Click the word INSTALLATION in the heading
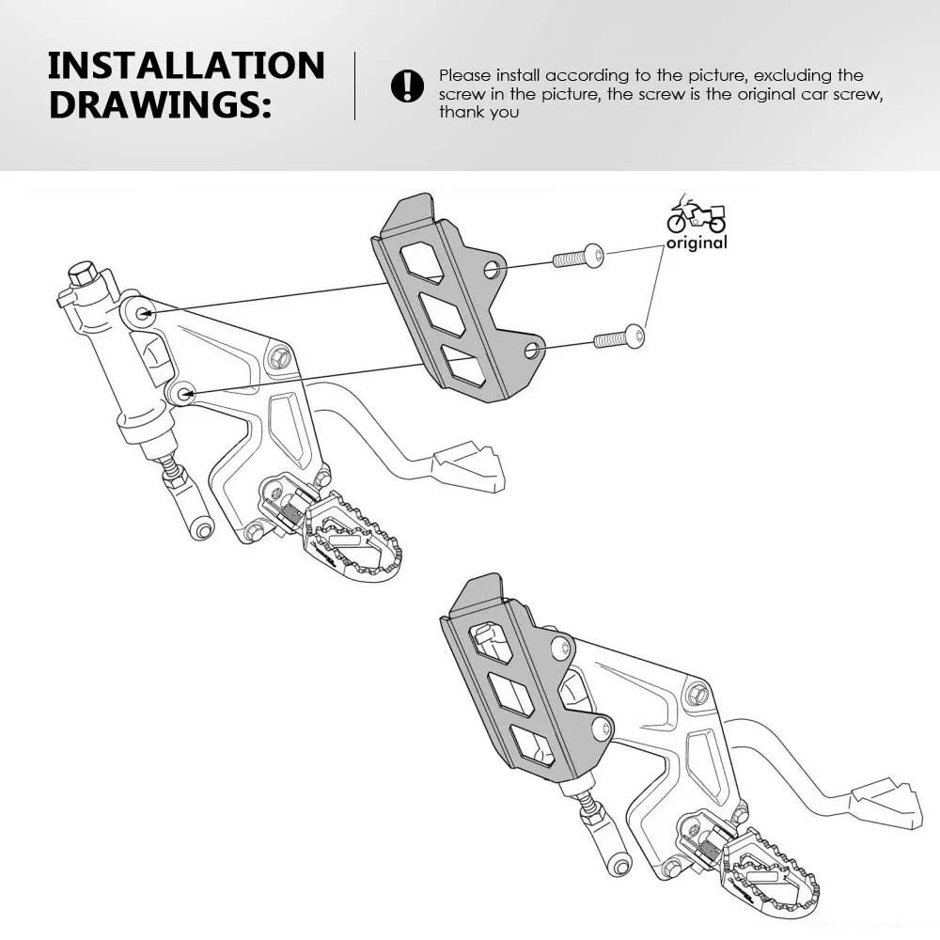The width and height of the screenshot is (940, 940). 186,66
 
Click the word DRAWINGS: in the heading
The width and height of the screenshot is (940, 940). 160,104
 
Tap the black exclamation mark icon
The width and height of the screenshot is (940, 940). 407,86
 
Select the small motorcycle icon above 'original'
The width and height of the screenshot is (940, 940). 697,215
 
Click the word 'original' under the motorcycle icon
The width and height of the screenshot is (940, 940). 697,243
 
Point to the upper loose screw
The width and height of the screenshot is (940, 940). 577,255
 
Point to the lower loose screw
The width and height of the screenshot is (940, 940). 619,336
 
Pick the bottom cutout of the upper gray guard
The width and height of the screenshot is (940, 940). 463,366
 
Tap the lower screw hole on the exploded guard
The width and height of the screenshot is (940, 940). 532,352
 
